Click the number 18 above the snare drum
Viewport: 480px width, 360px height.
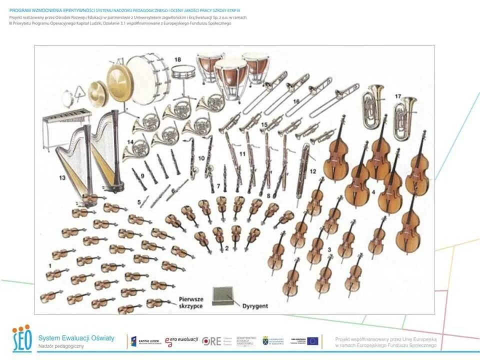point(177,59)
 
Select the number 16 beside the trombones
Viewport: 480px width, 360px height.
point(296,101)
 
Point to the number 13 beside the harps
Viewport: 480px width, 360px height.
point(62,177)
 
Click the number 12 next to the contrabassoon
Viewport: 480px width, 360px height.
point(313,171)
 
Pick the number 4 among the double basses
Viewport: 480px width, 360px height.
point(373,191)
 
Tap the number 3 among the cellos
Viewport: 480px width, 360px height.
point(329,248)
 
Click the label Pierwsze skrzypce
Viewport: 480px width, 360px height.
point(190,302)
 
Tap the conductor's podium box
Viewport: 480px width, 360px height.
point(223,296)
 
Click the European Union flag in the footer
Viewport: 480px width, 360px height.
point(313,341)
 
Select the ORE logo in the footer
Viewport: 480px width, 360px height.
point(211,341)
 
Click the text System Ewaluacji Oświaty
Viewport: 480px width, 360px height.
point(76,338)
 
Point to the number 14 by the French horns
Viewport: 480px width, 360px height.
point(130,141)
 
